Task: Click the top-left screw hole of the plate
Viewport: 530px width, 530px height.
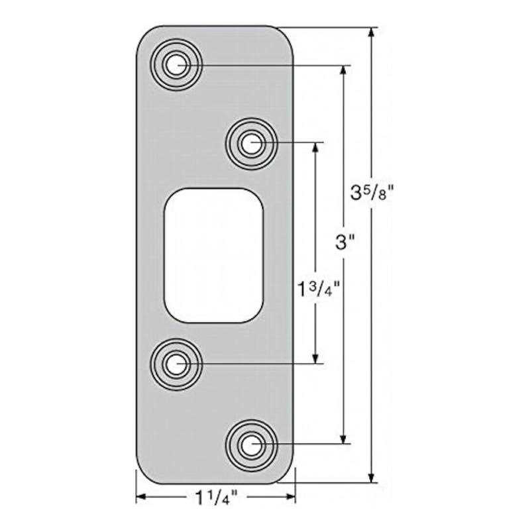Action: [x=176, y=65]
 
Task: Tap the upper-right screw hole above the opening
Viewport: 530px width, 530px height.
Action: [x=250, y=142]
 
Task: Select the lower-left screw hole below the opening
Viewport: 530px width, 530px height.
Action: [x=176, y=364]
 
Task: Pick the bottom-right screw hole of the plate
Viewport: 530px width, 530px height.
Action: [x=250, y=445]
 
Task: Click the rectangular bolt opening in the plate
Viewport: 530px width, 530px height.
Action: [x=213, y=255]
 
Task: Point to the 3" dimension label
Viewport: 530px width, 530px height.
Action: [x=343, y=243]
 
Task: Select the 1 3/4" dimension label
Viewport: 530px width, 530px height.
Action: [x=319, y=290]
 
